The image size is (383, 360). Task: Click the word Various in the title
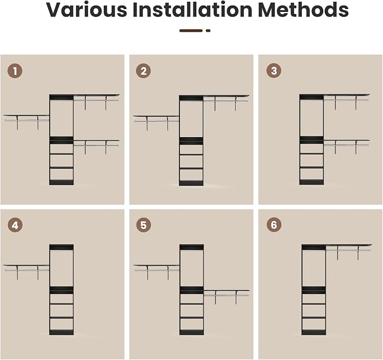tap(87, 10)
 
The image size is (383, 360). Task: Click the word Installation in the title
tap(193, 10)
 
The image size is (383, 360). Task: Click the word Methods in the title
tap(303, 10)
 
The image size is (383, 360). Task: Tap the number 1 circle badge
tap(15, 71)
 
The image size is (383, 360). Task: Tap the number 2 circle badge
tap(143, 71)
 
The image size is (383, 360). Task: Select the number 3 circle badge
tap(274, 71)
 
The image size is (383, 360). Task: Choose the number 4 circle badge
tap(15, 225)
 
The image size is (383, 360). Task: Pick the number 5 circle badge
tap(143, 225)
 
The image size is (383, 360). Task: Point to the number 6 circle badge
tap(274, 225)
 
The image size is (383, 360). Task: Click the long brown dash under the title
tap(191, 31)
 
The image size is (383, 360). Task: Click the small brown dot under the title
tap(208, 31)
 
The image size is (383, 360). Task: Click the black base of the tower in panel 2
tap(191, 183)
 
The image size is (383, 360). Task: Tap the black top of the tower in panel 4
tap(61, 247)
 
